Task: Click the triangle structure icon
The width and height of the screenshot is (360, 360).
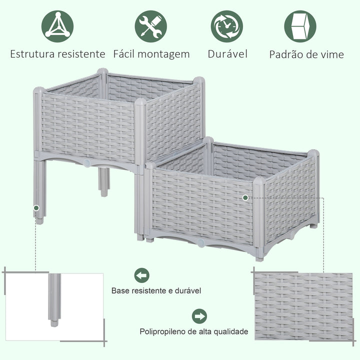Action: [57, 26]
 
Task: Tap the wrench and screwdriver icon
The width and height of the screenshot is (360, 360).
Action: [150, 26]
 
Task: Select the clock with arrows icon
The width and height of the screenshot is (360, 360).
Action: [226, 26]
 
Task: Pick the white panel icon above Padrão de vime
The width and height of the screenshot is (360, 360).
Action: [300, 26]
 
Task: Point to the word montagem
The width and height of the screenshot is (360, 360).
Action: [165, 54]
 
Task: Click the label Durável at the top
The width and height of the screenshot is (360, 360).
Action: [227, 54]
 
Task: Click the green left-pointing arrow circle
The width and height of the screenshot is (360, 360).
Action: [142, 275]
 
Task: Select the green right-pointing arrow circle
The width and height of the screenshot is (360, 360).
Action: [199, 316]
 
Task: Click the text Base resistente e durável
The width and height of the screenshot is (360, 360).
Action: [156, 290]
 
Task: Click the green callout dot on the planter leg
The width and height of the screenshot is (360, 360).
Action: [36, 207]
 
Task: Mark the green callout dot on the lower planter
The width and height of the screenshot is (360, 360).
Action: [245, 198]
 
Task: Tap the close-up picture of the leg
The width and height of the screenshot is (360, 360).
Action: [54, 305]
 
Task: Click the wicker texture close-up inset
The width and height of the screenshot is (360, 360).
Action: [303, 306]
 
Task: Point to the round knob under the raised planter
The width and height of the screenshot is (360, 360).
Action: [86, 163]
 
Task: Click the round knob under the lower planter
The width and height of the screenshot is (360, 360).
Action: [200, 243]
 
